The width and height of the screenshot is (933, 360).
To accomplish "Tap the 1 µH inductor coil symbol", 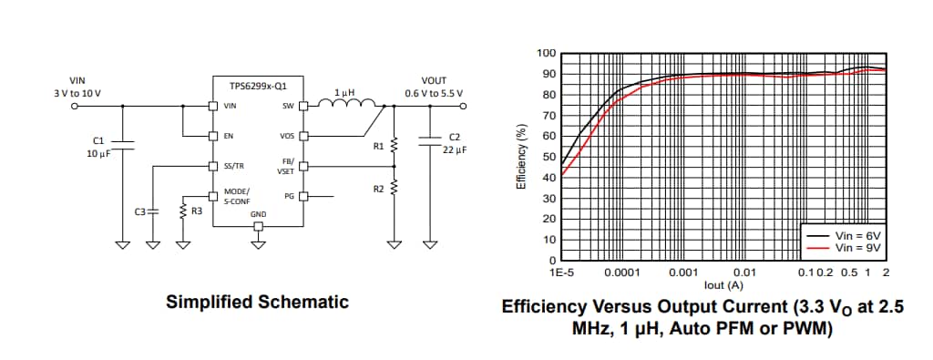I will coord(344,103).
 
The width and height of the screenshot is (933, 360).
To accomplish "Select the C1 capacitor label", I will coord(99,140).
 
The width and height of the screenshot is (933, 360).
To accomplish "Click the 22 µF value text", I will coord(455,149).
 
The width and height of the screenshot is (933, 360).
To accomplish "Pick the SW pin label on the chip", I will coord(287,107).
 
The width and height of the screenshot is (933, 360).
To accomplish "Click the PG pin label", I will coord(288,195).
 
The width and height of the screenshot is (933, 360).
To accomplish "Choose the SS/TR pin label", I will coord(233,166).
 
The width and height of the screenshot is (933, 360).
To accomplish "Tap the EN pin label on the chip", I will coord(229,136).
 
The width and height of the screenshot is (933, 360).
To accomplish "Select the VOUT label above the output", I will coord(434,80).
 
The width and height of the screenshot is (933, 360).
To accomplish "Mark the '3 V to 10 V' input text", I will coord(77,93).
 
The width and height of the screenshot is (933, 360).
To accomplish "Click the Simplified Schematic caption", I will coord(257,302).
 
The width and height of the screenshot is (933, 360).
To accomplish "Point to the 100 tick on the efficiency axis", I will coord(545,53).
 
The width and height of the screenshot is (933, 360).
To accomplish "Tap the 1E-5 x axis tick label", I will coord(562,273).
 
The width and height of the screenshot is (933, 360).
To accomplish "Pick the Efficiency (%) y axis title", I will coord(520,156).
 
